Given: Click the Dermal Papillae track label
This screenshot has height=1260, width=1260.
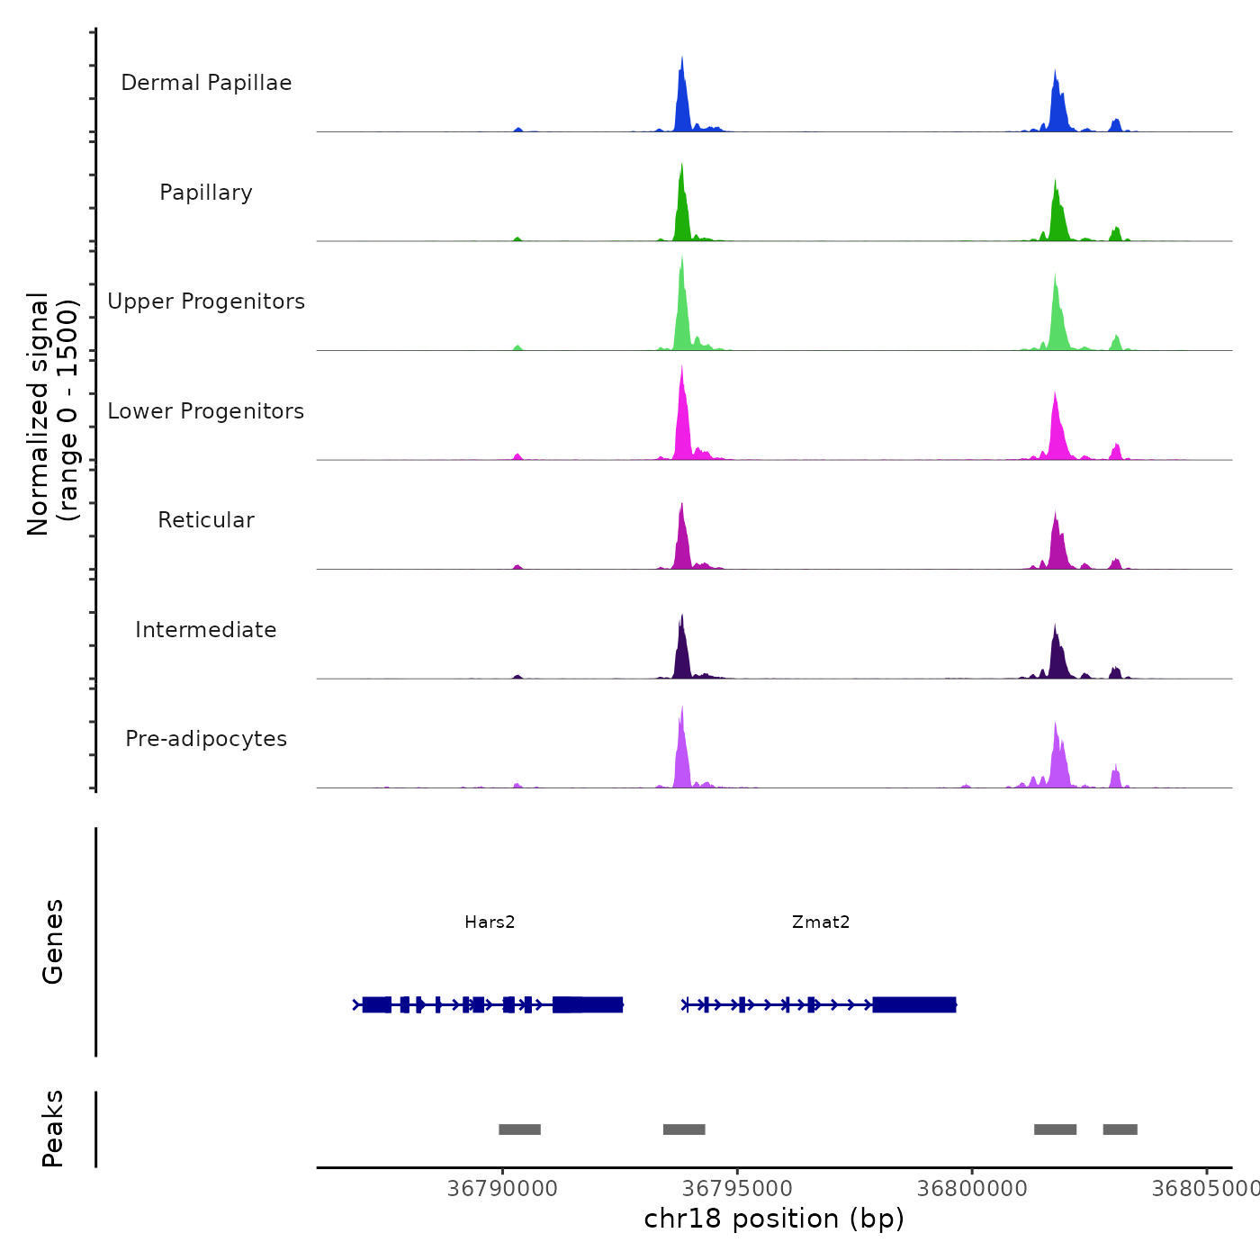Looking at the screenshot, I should click(206, 83).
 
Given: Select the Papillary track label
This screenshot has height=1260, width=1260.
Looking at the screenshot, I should click(206, 193).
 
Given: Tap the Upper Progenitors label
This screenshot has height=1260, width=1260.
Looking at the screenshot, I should click(206, 301).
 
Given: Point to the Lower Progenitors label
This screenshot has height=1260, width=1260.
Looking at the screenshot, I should click(206, 411).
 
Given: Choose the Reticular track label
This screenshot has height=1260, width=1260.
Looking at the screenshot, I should click(206, 520).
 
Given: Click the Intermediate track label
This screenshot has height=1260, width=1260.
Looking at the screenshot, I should click(206, 630).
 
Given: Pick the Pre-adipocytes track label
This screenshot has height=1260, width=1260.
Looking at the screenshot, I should click(206, 739).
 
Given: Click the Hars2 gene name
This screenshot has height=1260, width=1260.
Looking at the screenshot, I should click(490, 922).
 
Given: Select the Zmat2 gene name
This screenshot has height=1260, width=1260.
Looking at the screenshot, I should click(821, 922).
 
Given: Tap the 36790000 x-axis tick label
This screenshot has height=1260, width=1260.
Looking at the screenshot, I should click(502, 1189).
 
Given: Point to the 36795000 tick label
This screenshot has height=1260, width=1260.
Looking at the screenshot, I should click(737, 1189).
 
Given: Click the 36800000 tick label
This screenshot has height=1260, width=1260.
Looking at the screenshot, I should click(972, 1189).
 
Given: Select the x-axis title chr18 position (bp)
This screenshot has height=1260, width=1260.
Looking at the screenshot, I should click(774, 1219).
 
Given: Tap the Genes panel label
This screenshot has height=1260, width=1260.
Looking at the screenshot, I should click(53, 941).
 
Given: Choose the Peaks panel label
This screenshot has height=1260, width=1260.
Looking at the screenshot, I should click(53, 1129).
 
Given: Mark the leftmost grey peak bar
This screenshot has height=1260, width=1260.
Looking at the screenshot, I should click(519, 1129).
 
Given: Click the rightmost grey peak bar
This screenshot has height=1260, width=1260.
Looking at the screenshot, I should click(1120, 1129).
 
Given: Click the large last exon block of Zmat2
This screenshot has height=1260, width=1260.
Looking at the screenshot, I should click(913, 1004).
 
